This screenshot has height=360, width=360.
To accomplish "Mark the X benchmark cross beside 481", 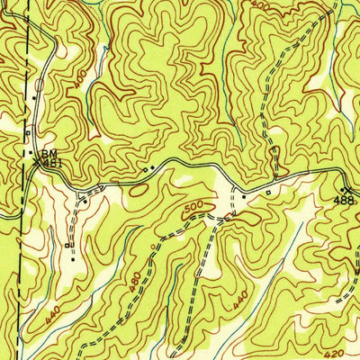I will pos(38,163).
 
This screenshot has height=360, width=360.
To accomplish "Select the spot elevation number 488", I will pos(346,199).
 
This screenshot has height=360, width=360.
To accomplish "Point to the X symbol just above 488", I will pos(346,188).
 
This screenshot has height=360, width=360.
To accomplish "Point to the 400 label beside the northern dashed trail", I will pos(262,6).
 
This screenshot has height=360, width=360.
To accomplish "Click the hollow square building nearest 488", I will pos(266,191).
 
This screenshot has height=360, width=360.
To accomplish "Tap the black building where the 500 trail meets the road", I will pos(243,194).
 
